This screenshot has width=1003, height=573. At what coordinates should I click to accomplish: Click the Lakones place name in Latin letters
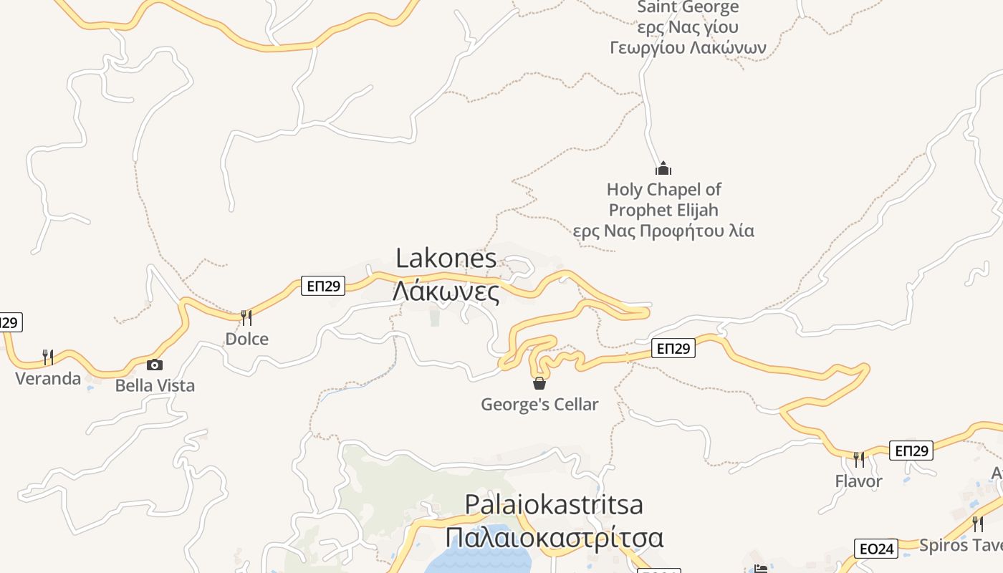pos(446,259)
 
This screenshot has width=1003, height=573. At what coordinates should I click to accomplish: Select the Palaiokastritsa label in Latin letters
pos(554,504)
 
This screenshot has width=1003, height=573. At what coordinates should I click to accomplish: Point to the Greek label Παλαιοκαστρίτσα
pos(554,537)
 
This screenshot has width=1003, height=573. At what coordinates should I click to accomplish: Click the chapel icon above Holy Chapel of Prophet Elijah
pos(663,169)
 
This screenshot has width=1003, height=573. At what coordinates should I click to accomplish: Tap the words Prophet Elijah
pos(663,211)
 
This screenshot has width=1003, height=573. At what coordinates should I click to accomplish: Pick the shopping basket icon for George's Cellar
pos(539,383)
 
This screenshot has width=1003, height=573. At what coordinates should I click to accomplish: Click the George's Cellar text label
pos(539,405)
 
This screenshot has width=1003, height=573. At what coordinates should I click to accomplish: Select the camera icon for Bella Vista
pos(154,365)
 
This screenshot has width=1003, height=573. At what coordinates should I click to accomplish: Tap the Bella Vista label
pos(155,385)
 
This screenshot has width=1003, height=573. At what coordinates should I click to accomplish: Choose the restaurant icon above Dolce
pos(246,317)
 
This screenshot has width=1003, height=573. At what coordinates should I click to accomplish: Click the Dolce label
pos(246,339)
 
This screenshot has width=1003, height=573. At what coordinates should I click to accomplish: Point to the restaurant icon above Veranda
pos(48,357)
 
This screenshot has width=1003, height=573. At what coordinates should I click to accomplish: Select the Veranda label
pos(48,378)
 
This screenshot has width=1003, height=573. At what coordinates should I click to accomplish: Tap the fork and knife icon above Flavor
pos(858,459)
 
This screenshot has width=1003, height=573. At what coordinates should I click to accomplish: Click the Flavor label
pos(858,481)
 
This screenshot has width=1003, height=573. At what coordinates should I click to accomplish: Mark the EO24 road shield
pos(876,549)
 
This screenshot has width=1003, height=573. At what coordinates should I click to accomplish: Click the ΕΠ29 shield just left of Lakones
pos(323,286)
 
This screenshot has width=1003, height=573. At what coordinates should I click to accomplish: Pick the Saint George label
pos(688,8)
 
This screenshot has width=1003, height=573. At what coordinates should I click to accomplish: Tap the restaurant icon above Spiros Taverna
pos(977,524)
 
